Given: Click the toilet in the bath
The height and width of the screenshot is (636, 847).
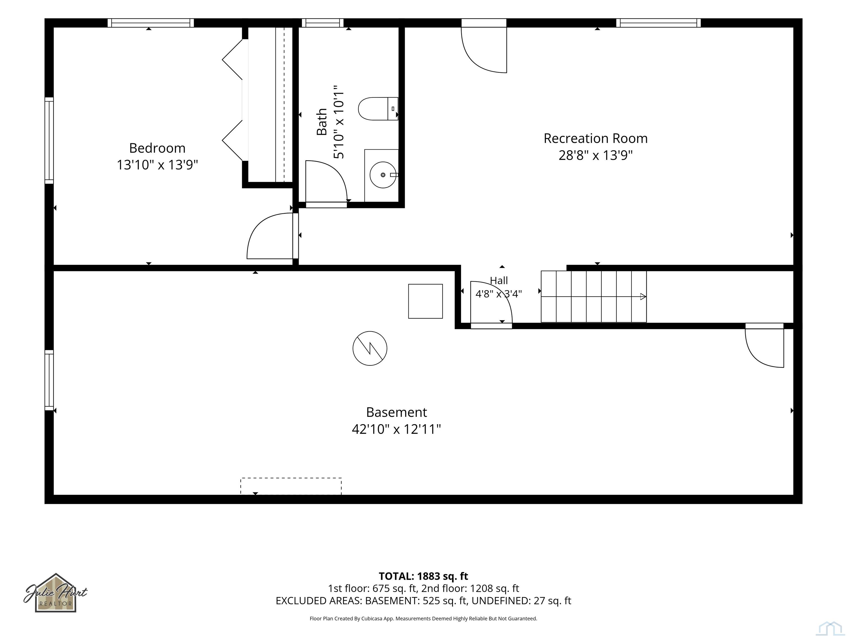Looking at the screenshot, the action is point(378,109).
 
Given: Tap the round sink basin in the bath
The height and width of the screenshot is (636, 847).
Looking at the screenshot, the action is point(383,175).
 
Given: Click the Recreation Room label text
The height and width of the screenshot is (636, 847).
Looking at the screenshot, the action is point(596,138).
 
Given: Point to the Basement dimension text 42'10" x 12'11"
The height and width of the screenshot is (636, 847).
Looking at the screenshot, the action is point(396,429).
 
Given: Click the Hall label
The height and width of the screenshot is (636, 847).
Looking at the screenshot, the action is point(499,281).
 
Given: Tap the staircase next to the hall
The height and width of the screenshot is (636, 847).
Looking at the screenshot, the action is point(594,296).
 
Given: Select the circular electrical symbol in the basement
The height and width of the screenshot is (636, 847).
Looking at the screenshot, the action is point(370,348).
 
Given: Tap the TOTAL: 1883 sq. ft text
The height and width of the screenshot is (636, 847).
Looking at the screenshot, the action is point(423,576).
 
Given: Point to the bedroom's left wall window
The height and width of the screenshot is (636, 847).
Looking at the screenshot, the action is point(49,140).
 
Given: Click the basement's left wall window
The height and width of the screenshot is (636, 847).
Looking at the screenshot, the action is point(49,380).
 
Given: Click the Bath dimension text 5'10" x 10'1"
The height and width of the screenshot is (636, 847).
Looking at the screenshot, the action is point(339,122).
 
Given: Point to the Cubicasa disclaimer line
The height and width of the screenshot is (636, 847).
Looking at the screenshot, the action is point(423,618).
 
